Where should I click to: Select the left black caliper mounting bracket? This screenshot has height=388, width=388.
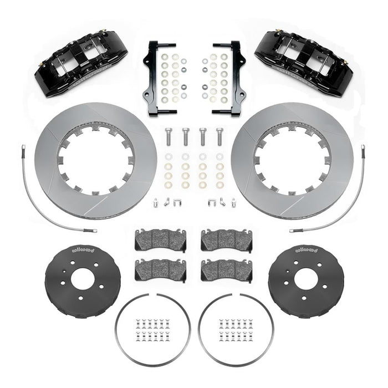coord(152,78)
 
